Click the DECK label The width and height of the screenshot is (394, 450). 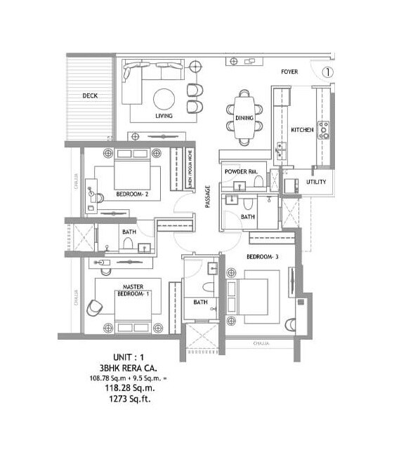89,95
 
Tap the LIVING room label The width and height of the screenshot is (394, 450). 165,117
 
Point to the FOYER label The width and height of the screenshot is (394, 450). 289,72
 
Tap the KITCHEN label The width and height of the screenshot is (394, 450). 303,130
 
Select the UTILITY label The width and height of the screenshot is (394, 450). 316,182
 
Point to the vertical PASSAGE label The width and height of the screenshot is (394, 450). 208,197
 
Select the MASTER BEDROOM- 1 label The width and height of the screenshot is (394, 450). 133,291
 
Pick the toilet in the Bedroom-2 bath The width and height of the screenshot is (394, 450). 128,243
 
